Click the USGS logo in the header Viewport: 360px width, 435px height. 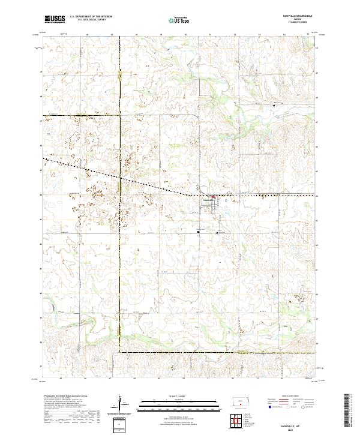(54, 19)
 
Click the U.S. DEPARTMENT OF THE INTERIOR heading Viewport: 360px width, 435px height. (91, 17)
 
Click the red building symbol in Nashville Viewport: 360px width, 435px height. (212, 196)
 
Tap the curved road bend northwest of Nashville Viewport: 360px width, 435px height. (197, 117)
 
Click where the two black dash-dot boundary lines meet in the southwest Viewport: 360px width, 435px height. (119, 353)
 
